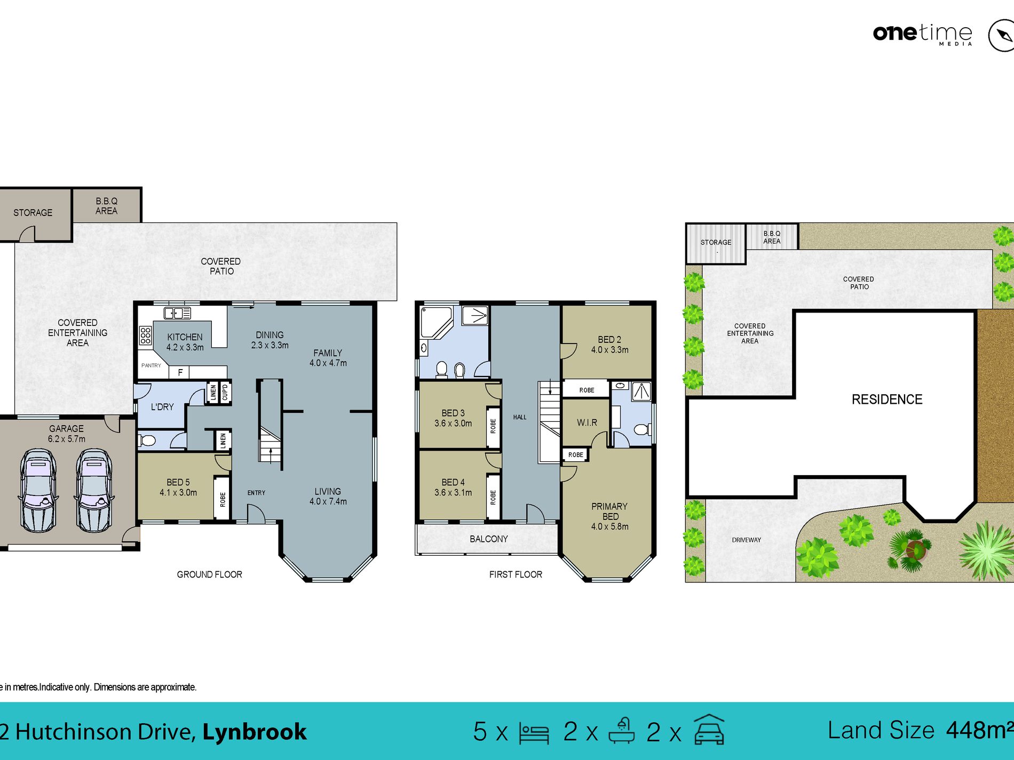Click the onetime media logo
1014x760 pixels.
[923, 34]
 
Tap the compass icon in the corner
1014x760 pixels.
[1002, 36]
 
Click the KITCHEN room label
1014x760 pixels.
[185, 337]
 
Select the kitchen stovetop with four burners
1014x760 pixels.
[146, 335]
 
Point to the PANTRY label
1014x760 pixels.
[151, 365]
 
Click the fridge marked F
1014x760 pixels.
[180, 372]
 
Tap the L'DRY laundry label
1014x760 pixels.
[162, 407]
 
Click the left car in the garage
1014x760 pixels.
[38, 490]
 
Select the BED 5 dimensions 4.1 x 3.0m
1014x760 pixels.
[178, 493]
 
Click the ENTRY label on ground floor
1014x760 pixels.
[256, 493]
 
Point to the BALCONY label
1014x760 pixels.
[489, 539]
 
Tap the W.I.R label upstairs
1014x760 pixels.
[587, 423]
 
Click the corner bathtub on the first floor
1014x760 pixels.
[437, 322]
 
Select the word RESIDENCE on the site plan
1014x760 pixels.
[887, 399]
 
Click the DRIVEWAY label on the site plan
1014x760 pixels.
[747, 540]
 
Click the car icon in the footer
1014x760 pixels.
[709, 730]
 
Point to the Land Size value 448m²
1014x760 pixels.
[980, 730]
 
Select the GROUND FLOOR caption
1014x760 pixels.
[210, 574]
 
